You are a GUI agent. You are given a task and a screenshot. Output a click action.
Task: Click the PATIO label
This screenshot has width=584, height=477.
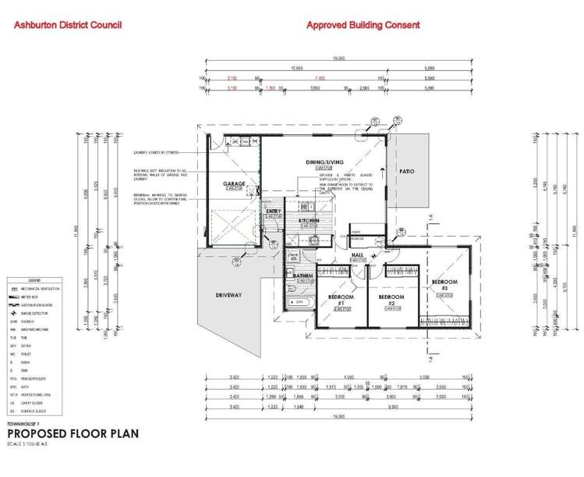click(407, 171)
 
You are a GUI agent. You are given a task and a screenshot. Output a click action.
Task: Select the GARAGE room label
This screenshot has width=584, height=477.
click(235, 184)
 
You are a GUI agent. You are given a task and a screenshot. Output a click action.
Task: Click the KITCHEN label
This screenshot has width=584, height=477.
click(310, 221)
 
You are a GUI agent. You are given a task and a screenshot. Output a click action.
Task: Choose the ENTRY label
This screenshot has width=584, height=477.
click(274, 211)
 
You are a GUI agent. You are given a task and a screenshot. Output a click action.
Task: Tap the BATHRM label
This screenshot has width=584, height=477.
click(303, 276)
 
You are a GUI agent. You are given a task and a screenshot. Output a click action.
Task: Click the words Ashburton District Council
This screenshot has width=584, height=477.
click(68, 26)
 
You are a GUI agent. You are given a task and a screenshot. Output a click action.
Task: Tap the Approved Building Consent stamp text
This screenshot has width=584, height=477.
click(363, 25)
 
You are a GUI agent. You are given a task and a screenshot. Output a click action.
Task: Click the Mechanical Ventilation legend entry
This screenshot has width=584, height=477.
click(46, 289)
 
